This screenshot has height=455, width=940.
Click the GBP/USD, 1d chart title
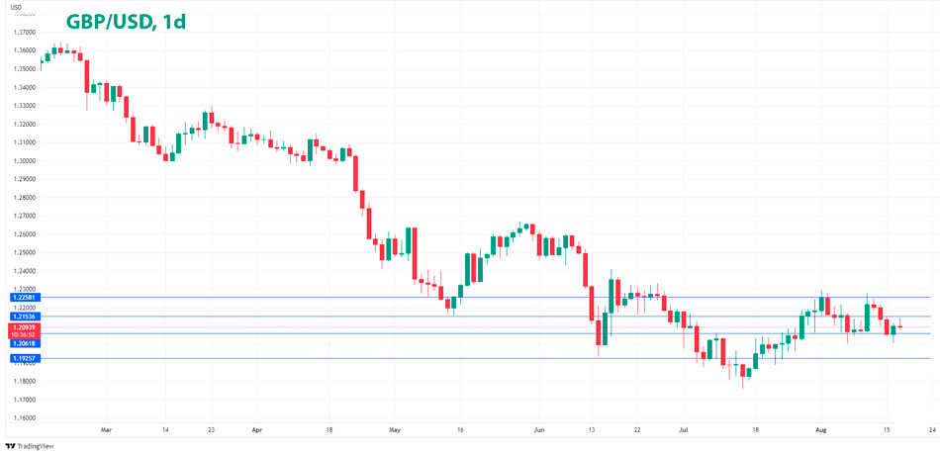(125, 21)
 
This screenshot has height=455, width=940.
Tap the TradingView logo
(31, 446)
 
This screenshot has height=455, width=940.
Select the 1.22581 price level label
(23, 297)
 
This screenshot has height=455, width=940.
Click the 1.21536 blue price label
(23, 317)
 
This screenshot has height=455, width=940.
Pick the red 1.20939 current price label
(23, 326)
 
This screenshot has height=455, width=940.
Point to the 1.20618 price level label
(23, 343)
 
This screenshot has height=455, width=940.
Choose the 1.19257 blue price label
(23, 359)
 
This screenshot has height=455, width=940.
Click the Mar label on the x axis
(107, 431)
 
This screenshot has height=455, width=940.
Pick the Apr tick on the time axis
(256, 431)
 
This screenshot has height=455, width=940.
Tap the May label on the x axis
(395, 431)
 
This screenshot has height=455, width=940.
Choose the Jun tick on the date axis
(538, 431)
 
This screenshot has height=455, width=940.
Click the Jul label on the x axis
(683, 431)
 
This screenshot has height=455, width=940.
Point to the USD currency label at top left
(15, 8)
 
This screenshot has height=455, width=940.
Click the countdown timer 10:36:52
(23, 334)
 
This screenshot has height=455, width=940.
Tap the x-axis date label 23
(211, 431)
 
